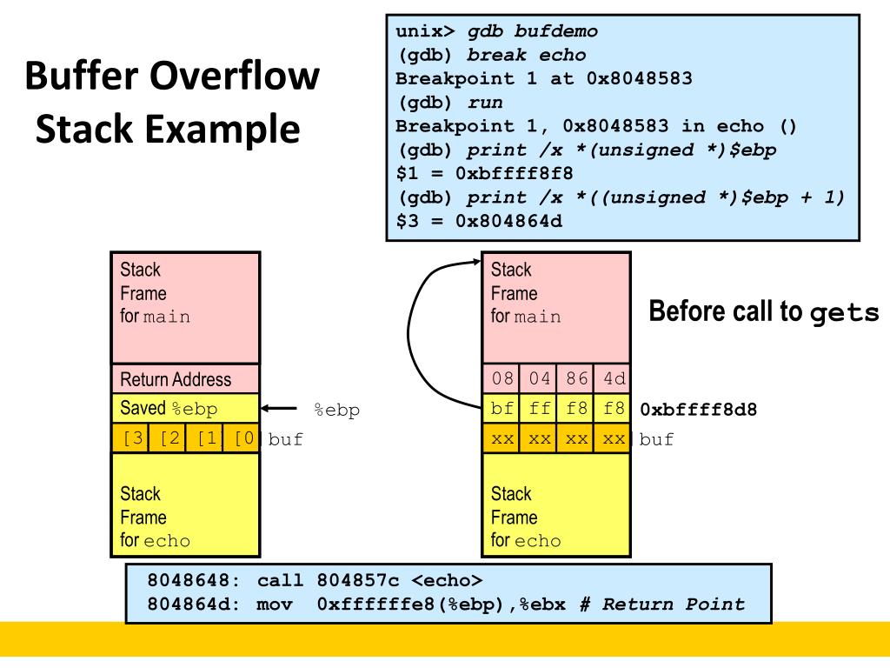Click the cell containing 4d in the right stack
pos(614,378)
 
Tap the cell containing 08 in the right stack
pos(501,378)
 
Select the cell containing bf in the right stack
pos(501,408)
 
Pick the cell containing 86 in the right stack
pos(576,378)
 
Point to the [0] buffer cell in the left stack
pos(243,438)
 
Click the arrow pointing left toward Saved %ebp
pos(280,409)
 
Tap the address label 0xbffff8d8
pos(699,409)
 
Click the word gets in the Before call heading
pos(844,313)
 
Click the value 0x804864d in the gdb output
pos(508,221)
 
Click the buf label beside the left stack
pos(286,439)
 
